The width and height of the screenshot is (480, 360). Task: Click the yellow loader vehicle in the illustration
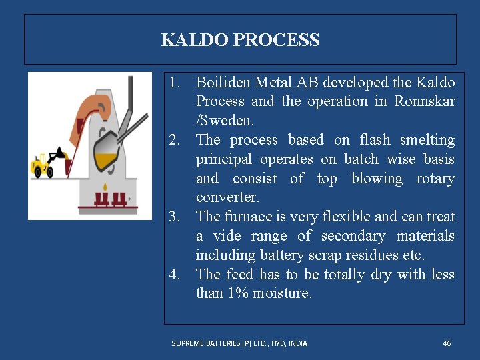[43, 164]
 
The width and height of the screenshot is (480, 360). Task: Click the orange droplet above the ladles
[109, 182]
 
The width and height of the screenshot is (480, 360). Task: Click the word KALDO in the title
[195, 40]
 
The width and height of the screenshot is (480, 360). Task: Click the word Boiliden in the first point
[224, 83]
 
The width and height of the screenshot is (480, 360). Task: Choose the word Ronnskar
[425, 102]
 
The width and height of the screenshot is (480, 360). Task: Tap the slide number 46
[447, 343]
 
